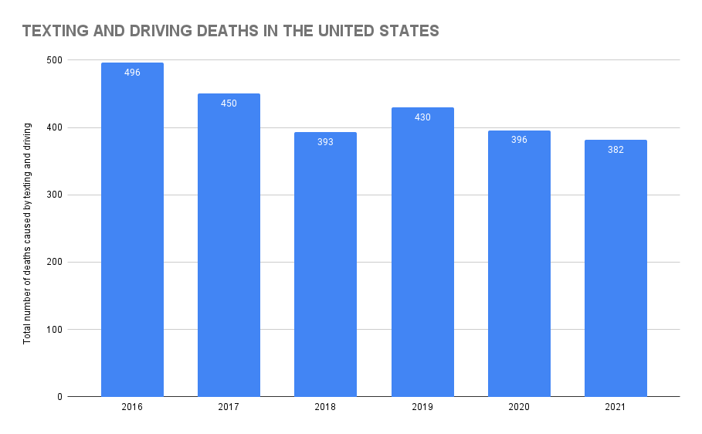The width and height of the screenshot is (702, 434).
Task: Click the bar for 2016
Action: (x=132, y=232)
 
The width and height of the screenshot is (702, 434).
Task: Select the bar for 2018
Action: (x=325, y=266)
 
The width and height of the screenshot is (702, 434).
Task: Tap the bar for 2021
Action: (x=616, y=270)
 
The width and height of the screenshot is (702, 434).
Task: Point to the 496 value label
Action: (x=132, y=73)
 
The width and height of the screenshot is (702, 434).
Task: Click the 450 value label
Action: (x=229, y=103)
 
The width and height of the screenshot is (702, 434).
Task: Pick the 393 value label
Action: (x=325, y=142)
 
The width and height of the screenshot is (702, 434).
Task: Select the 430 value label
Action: (x=422, y=117)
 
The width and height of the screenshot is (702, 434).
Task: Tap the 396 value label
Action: (x=519, y=140)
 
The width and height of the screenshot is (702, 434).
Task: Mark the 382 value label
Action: (x=616, y=150)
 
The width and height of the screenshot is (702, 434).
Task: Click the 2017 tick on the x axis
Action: (x=229, y=406)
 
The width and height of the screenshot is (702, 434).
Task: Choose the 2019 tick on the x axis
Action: (x=422, y=406)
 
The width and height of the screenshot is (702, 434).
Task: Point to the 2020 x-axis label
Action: (x=519, y=406)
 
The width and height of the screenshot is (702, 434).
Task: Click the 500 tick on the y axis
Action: (x=55, y=60)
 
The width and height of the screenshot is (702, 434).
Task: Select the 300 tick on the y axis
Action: (x=55, y=195)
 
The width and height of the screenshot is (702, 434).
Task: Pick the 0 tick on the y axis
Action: (x=60, y=397)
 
